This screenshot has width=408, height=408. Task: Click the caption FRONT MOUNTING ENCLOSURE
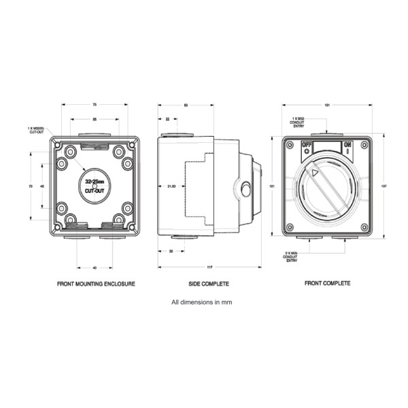pos(96,284)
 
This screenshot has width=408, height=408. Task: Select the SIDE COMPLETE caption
pos(209,284)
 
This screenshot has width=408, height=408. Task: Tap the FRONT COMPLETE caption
pos(327,284)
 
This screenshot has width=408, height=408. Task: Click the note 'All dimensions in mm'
pos(202,302)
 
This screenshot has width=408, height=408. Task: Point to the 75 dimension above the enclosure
pos(95,105)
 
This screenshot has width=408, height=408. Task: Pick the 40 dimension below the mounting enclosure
pos(95,267)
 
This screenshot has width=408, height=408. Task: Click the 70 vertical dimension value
pos(31,186)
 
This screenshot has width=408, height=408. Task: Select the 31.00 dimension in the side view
pos(172,186)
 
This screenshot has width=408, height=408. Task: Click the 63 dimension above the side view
pos(186,105)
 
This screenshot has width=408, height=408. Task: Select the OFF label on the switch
pos(306,145)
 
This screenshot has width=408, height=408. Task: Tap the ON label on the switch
pos(347,145)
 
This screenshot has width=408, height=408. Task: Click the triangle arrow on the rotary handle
pos(314,173)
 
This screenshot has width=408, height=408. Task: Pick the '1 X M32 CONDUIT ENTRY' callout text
pos(299,120)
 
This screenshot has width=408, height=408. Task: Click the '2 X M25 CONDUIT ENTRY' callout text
pos(292,255)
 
